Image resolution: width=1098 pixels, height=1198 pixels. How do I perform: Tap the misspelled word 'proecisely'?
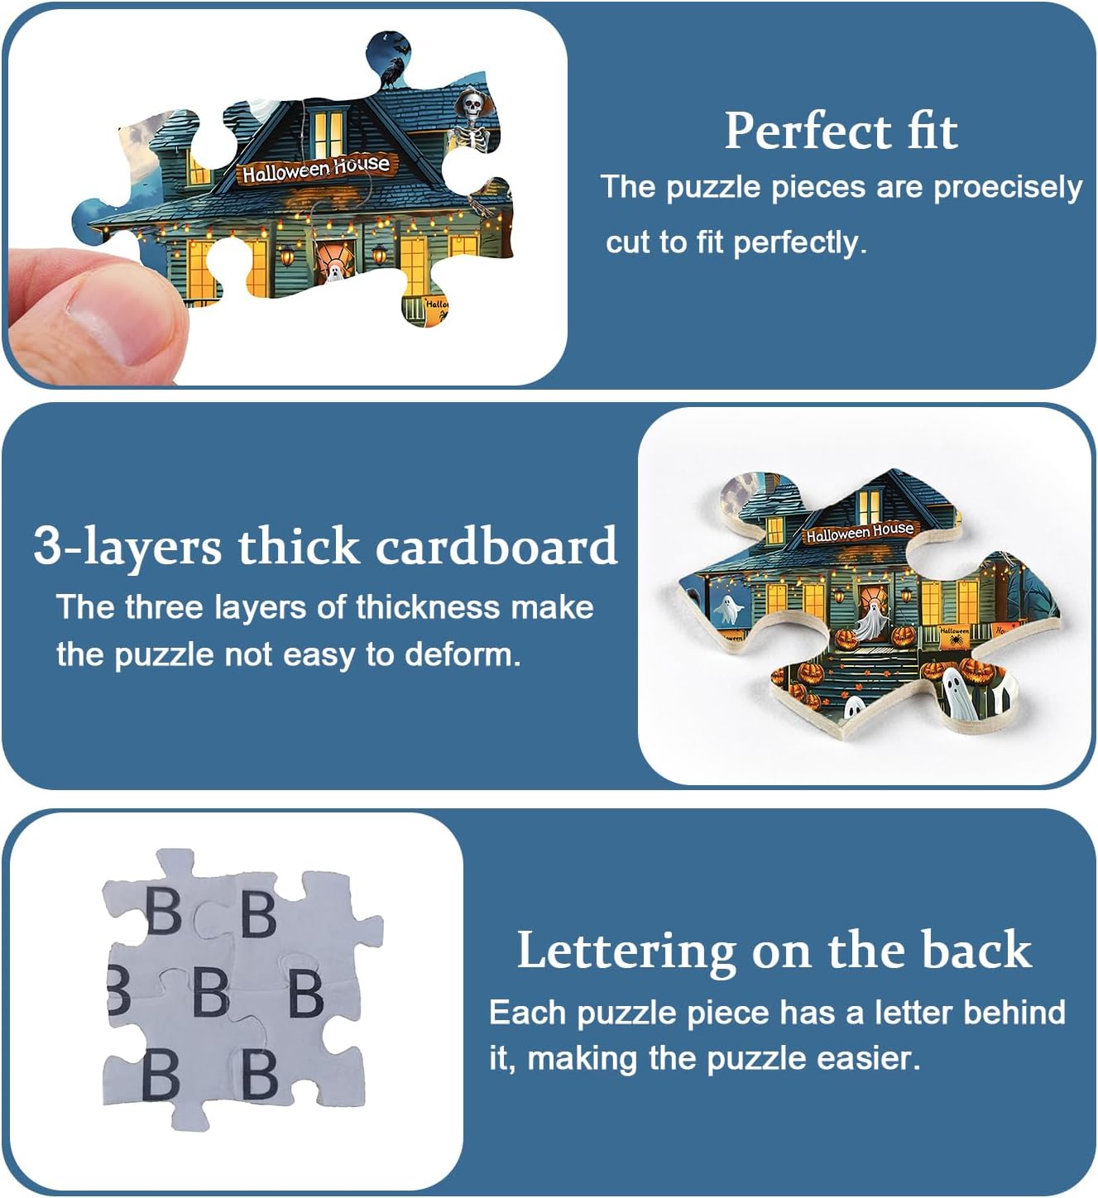point(1008,188)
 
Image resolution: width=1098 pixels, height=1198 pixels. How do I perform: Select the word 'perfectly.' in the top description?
point(800,243)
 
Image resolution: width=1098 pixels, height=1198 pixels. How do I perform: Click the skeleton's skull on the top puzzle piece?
point(472,106)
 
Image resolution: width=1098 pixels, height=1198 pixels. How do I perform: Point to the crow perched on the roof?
point(391,73)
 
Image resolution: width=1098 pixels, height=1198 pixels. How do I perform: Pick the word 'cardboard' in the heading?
point(496,544)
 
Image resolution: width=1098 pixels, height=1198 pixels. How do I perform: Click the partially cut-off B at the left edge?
point(118,993)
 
